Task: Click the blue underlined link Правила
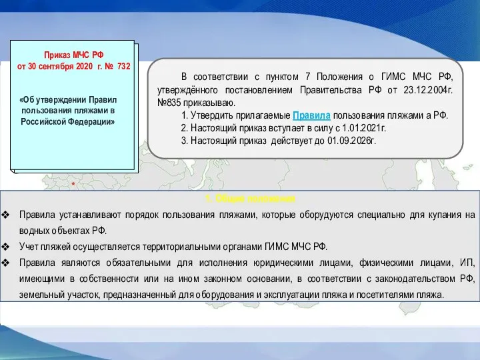point(313,115)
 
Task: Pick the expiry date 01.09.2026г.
point(349,140)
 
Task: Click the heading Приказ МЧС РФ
point(74,54)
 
